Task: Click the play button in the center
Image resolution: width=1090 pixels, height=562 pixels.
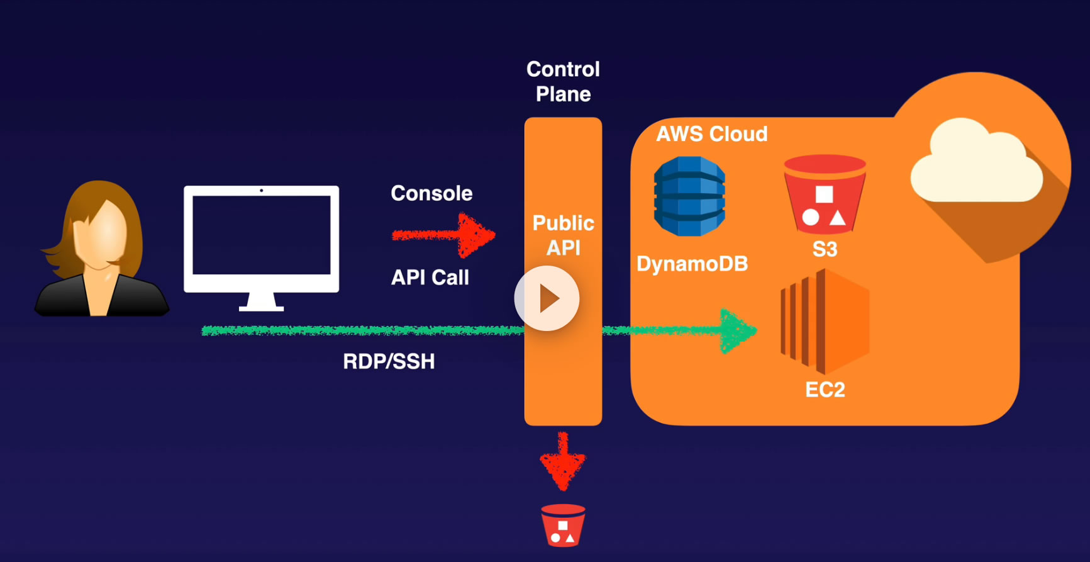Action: (547, 298)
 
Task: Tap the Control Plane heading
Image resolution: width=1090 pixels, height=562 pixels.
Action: (563, 81)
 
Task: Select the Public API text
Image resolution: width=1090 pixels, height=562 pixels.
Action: (563, 235)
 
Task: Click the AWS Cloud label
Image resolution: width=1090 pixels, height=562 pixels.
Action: (711, 134)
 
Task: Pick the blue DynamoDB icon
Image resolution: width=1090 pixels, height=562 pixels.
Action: (689, 196)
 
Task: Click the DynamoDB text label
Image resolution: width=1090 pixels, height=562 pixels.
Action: (692, 264)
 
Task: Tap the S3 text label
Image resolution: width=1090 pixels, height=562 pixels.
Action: (825, 249)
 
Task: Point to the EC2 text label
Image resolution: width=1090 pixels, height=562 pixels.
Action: (825, 390)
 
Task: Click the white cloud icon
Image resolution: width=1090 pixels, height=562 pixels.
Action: (976, 162)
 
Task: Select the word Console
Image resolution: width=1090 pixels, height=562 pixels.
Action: (431, 193)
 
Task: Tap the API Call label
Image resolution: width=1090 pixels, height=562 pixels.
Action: (430, 278)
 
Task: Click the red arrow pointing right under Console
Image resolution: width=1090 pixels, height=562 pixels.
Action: (443, 235)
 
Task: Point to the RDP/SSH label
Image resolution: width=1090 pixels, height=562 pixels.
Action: (389, 361)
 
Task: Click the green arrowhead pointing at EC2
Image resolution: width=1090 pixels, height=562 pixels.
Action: (737, 330)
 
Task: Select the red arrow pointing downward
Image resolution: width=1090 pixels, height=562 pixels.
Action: (563, 461)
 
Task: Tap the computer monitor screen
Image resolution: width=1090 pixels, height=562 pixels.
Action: (261, 235)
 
